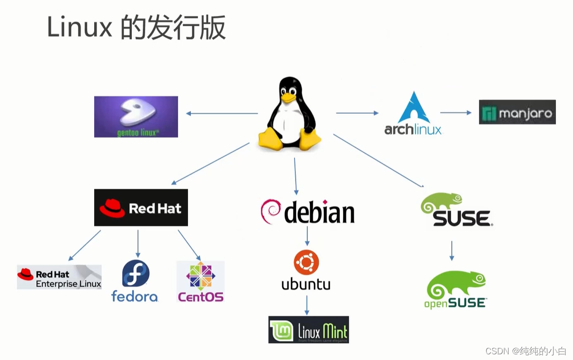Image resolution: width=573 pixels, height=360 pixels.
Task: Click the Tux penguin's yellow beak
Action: click(288, 97)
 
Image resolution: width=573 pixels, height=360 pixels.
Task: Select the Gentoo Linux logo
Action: click(136, 117)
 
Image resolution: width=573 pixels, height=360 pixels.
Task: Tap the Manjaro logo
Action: click(517, 112)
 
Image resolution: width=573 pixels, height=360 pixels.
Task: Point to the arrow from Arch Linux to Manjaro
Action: click(456, 113)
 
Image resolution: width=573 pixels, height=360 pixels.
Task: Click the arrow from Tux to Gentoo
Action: click(222, 113)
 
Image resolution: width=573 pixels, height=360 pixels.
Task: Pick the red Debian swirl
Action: click(270, 211)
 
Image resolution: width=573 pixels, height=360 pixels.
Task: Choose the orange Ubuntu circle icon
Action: click(306, 262)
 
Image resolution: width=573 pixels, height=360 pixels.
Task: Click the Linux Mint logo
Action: click(308, 330)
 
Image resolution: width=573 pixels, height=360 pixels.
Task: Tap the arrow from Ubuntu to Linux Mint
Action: click(306, 305)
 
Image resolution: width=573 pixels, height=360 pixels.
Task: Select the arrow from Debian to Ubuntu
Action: click(307, 236)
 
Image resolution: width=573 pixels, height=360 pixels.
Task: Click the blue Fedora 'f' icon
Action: click(136, 273)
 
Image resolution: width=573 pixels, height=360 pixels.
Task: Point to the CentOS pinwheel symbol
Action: click(200, 276)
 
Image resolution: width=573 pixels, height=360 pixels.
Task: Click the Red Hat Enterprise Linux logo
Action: click(59, 277)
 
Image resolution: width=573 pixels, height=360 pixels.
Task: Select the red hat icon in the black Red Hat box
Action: click(112, 208)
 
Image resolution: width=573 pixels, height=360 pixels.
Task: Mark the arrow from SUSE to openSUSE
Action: click(452, 251)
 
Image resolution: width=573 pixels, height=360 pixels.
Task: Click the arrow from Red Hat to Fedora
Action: click(138, 243)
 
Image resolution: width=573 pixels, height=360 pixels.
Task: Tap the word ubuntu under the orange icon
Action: click(306, 284)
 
